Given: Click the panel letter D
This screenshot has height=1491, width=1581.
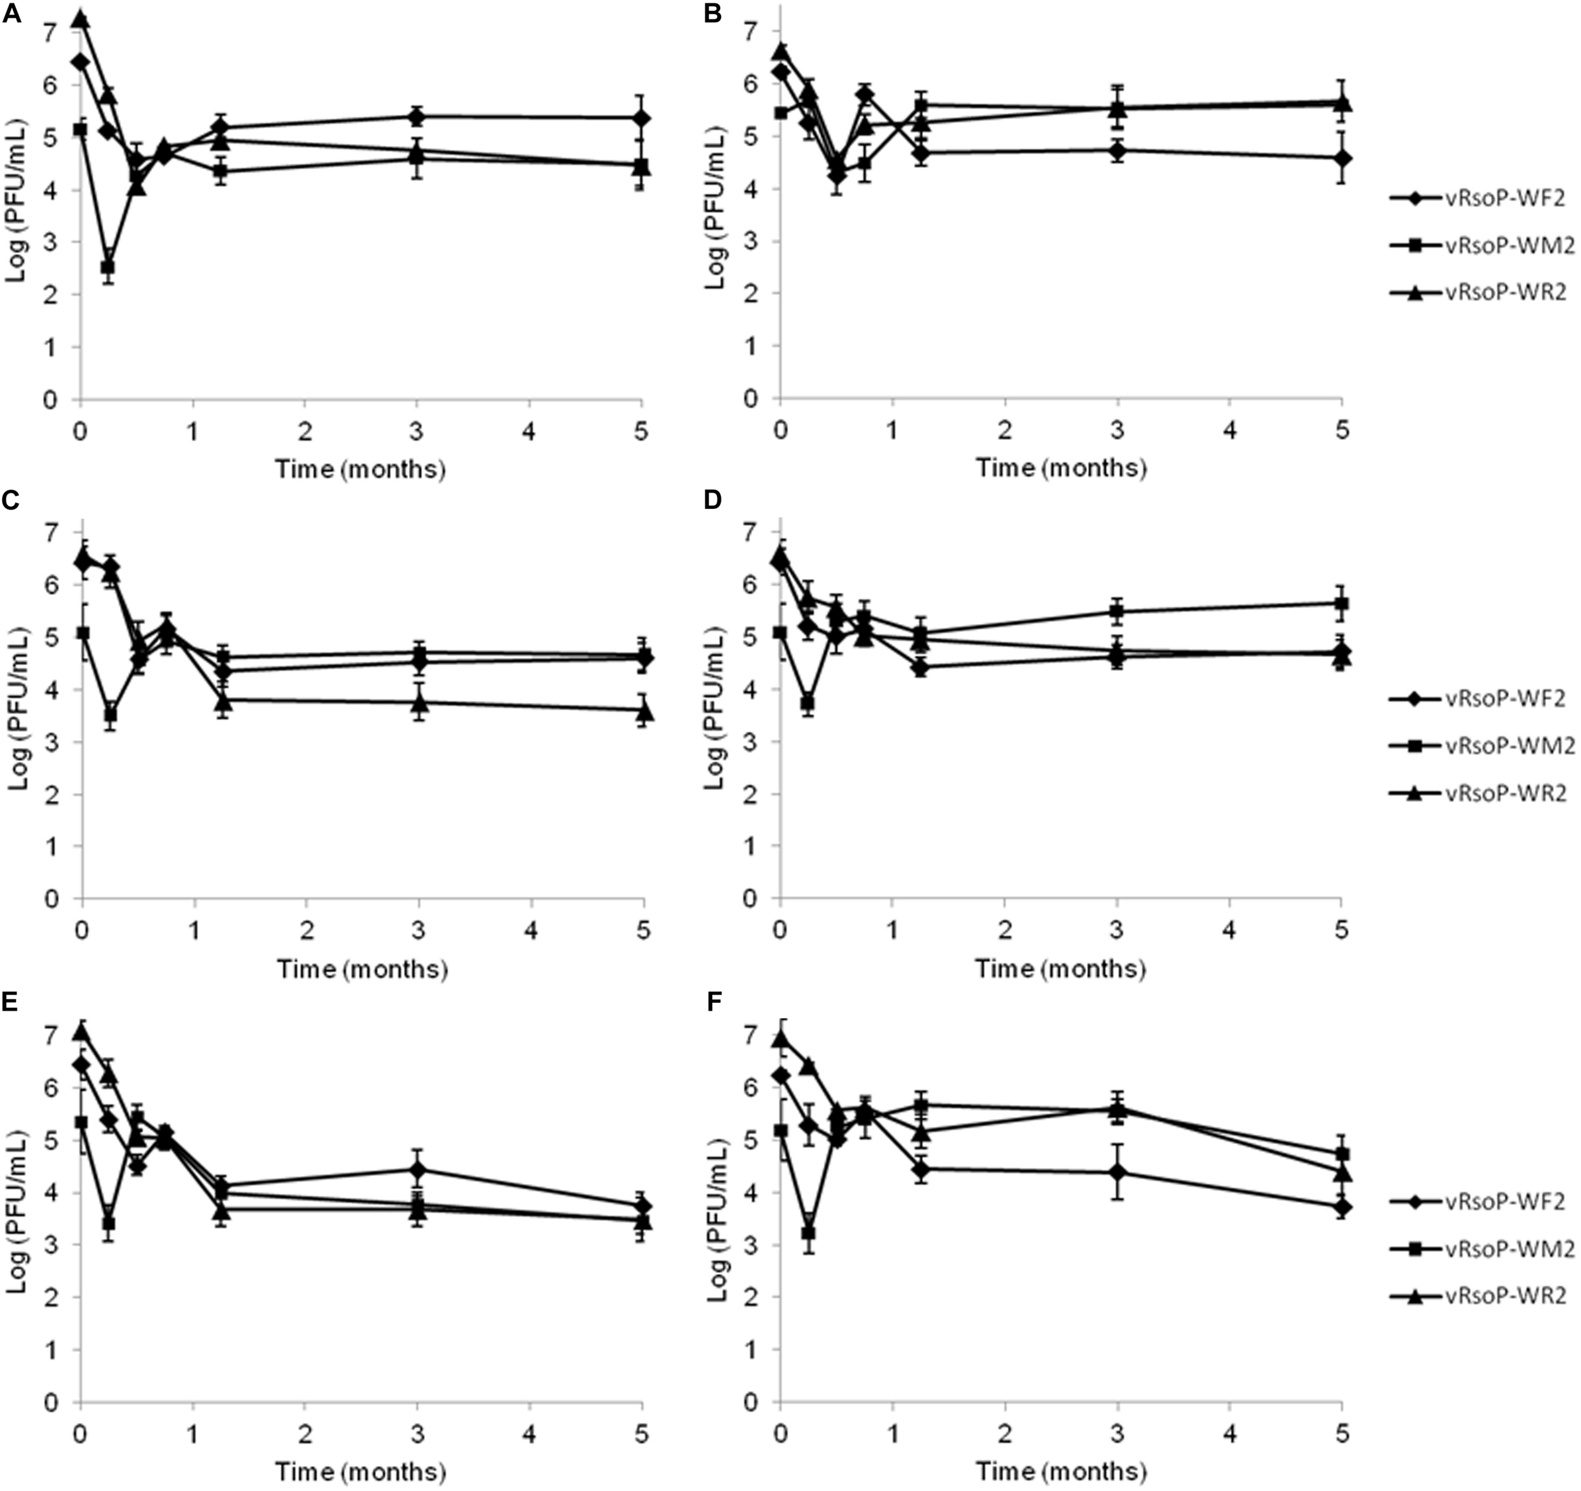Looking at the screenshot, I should pyautogui.click(x=713, y=500).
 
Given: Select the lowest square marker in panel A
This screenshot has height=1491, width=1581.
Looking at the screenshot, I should pyautogui.click(x=108, y=267).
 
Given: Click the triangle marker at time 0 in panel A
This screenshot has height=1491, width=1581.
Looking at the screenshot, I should pyautogui.click(x=80, y=19).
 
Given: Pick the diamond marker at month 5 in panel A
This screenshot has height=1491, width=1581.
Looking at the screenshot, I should pyautogui.click(x=642, y=118).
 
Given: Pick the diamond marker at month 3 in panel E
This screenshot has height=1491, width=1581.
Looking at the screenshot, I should pyautogui.click(x=417, y=1169).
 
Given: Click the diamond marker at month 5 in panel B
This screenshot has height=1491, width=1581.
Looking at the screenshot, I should pyautogui.click(x=1341, y=158).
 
